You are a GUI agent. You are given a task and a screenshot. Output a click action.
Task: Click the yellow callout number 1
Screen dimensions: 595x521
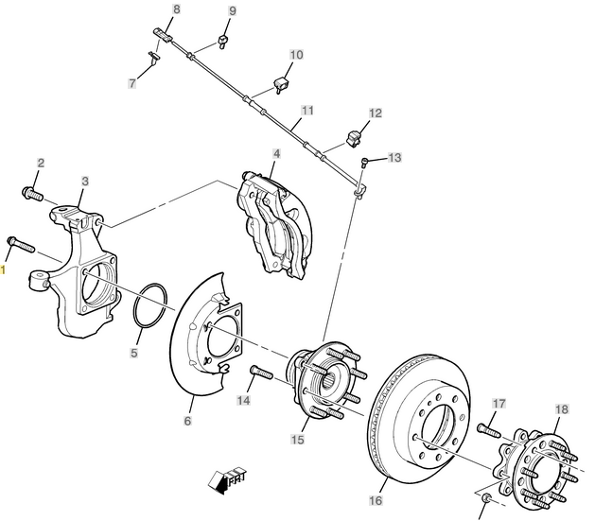click(3, 270)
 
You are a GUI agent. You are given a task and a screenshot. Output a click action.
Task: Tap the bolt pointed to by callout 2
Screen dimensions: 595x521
click(32, 194)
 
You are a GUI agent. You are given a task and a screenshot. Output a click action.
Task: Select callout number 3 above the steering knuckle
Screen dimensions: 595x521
click(85, 182)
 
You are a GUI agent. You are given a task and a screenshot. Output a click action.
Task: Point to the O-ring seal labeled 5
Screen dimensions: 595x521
click(150, 304)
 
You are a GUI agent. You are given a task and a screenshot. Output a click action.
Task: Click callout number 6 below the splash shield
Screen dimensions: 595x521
click(188, 421)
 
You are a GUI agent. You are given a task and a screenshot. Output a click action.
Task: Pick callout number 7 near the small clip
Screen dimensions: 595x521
click(132, 83)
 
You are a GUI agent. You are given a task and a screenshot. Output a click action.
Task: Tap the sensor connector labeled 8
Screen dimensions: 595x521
click(163, 34)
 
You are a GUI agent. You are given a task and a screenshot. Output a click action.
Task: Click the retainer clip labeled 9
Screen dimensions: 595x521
click(222, 41)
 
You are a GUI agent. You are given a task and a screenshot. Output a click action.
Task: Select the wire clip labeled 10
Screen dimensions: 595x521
click(281, 84)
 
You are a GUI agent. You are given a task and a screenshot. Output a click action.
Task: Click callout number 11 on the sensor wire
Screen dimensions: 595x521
click(307, 111)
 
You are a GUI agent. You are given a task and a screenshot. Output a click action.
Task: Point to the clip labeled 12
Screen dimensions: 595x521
click(354, 138)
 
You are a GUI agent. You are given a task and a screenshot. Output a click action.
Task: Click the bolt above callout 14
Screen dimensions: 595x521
click(261, 372)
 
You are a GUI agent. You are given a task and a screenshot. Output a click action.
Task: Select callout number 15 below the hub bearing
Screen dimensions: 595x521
click(297, 440)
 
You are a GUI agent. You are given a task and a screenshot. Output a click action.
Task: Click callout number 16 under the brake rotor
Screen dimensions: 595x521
click(376, 500)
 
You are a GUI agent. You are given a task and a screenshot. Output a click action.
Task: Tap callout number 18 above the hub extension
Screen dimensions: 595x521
click(562, 409)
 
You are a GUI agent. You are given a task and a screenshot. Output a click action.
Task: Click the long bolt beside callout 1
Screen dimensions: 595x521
click(21, 244)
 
